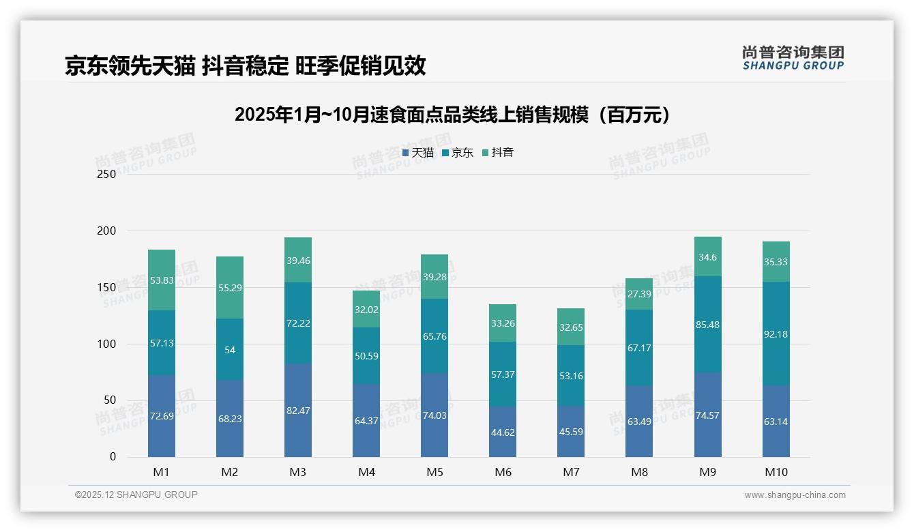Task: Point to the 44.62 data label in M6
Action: (503, 432)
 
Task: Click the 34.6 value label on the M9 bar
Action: (708, 257)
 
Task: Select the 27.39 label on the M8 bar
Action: (639, 293)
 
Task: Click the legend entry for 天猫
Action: (418, 153)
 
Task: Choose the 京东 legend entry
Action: (458, 153)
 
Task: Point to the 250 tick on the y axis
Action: (107, 174)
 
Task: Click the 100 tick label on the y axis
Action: (107, 344)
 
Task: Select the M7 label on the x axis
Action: (571, 472)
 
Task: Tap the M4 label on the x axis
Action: (366, 472)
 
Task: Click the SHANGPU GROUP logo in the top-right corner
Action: (793, 58)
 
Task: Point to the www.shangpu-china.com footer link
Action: (795, 495)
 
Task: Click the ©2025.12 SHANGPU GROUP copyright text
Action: (136, 494)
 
